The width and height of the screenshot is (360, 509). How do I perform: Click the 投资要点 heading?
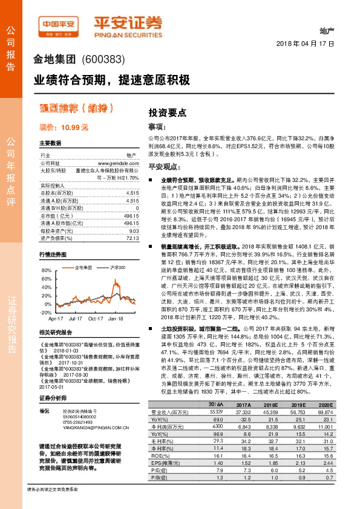[168, 112]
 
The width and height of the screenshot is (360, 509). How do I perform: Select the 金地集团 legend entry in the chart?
[66, 249]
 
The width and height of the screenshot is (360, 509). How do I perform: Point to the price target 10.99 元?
[64, 128]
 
